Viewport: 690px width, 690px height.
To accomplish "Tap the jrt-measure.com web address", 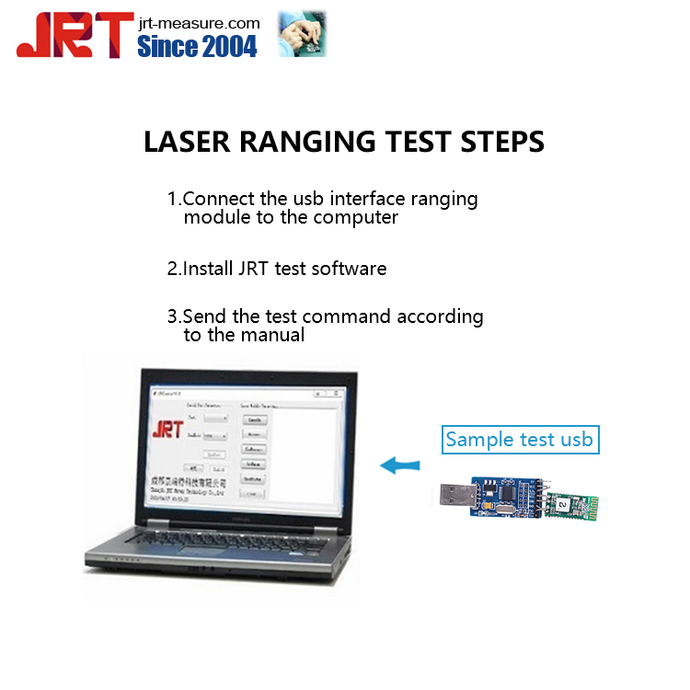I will pyautogui.click(x=199, y=22).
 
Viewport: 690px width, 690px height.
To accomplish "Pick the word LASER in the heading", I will pyautogui.click(x=183, y=143).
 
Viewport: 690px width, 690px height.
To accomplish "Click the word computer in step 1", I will pyautogui.click(x=355, y=217).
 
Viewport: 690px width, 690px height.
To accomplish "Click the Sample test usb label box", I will pyautogui.click(x=520, y=440).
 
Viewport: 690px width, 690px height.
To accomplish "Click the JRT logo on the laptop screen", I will pyautogui.click(x=167, y=431).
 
